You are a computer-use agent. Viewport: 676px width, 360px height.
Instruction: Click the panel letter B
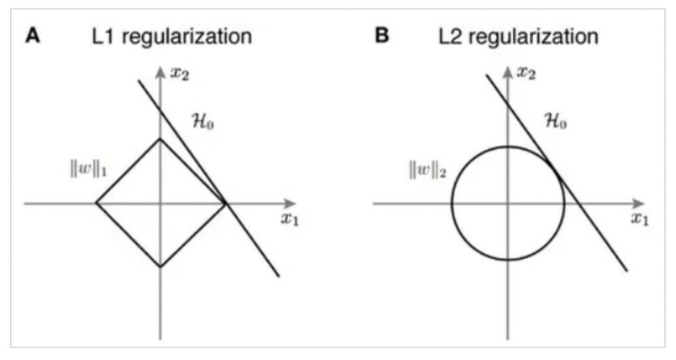pos(382,37)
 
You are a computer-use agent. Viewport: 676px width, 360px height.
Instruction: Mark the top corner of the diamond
pos(160,139)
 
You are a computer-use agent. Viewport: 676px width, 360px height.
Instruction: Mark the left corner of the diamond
pos(95,204)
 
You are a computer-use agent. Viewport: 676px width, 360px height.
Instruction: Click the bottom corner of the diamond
pos(160,268)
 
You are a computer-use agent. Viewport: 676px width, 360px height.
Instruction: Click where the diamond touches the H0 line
pos(226,204)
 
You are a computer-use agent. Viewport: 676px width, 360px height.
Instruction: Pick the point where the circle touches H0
pos(553,172)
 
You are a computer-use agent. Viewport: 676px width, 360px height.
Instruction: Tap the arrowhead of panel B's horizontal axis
pos(646,204)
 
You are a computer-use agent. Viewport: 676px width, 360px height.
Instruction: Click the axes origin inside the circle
pos(508,204)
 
